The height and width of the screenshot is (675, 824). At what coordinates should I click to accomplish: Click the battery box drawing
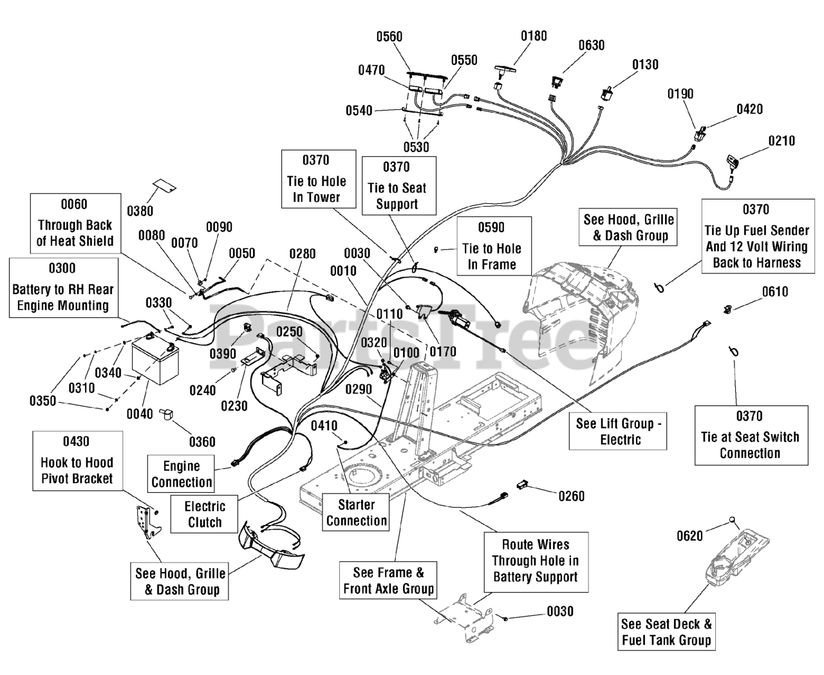pos(155,362)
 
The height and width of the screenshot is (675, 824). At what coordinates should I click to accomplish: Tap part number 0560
pos(389,37)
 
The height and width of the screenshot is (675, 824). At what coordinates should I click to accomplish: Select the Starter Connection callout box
pos(356,512)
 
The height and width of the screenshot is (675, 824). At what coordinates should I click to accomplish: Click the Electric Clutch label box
pos(204,514)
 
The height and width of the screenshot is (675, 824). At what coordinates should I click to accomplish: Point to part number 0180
pos(534,36)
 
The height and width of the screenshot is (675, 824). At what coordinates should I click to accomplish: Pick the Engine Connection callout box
pos(182,474)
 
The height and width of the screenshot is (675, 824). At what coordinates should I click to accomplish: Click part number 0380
pos(140,211)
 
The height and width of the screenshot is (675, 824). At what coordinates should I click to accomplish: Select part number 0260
pos(571,497)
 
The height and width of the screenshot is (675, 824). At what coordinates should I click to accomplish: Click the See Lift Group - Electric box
pos(618,431)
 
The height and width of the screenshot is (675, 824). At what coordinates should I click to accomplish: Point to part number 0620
pos(689,536)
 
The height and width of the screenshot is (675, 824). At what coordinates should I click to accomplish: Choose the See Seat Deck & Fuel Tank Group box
pos(666,632)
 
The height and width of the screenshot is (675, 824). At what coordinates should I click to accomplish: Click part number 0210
pos(782,141)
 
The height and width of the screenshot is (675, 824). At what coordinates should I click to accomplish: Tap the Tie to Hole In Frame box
pos(494,246)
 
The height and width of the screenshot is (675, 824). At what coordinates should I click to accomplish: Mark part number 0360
pos(202,442)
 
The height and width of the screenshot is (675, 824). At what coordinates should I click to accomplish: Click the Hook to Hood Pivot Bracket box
pos(77,461)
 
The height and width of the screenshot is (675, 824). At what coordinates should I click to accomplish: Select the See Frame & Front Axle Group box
pos(388,580)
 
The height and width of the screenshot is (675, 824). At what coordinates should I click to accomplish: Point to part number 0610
pos(775,291)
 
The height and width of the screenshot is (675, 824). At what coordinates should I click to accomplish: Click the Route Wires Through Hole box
pos(536,562)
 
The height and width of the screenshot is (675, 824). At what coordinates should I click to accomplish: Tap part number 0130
pos(645,64)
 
